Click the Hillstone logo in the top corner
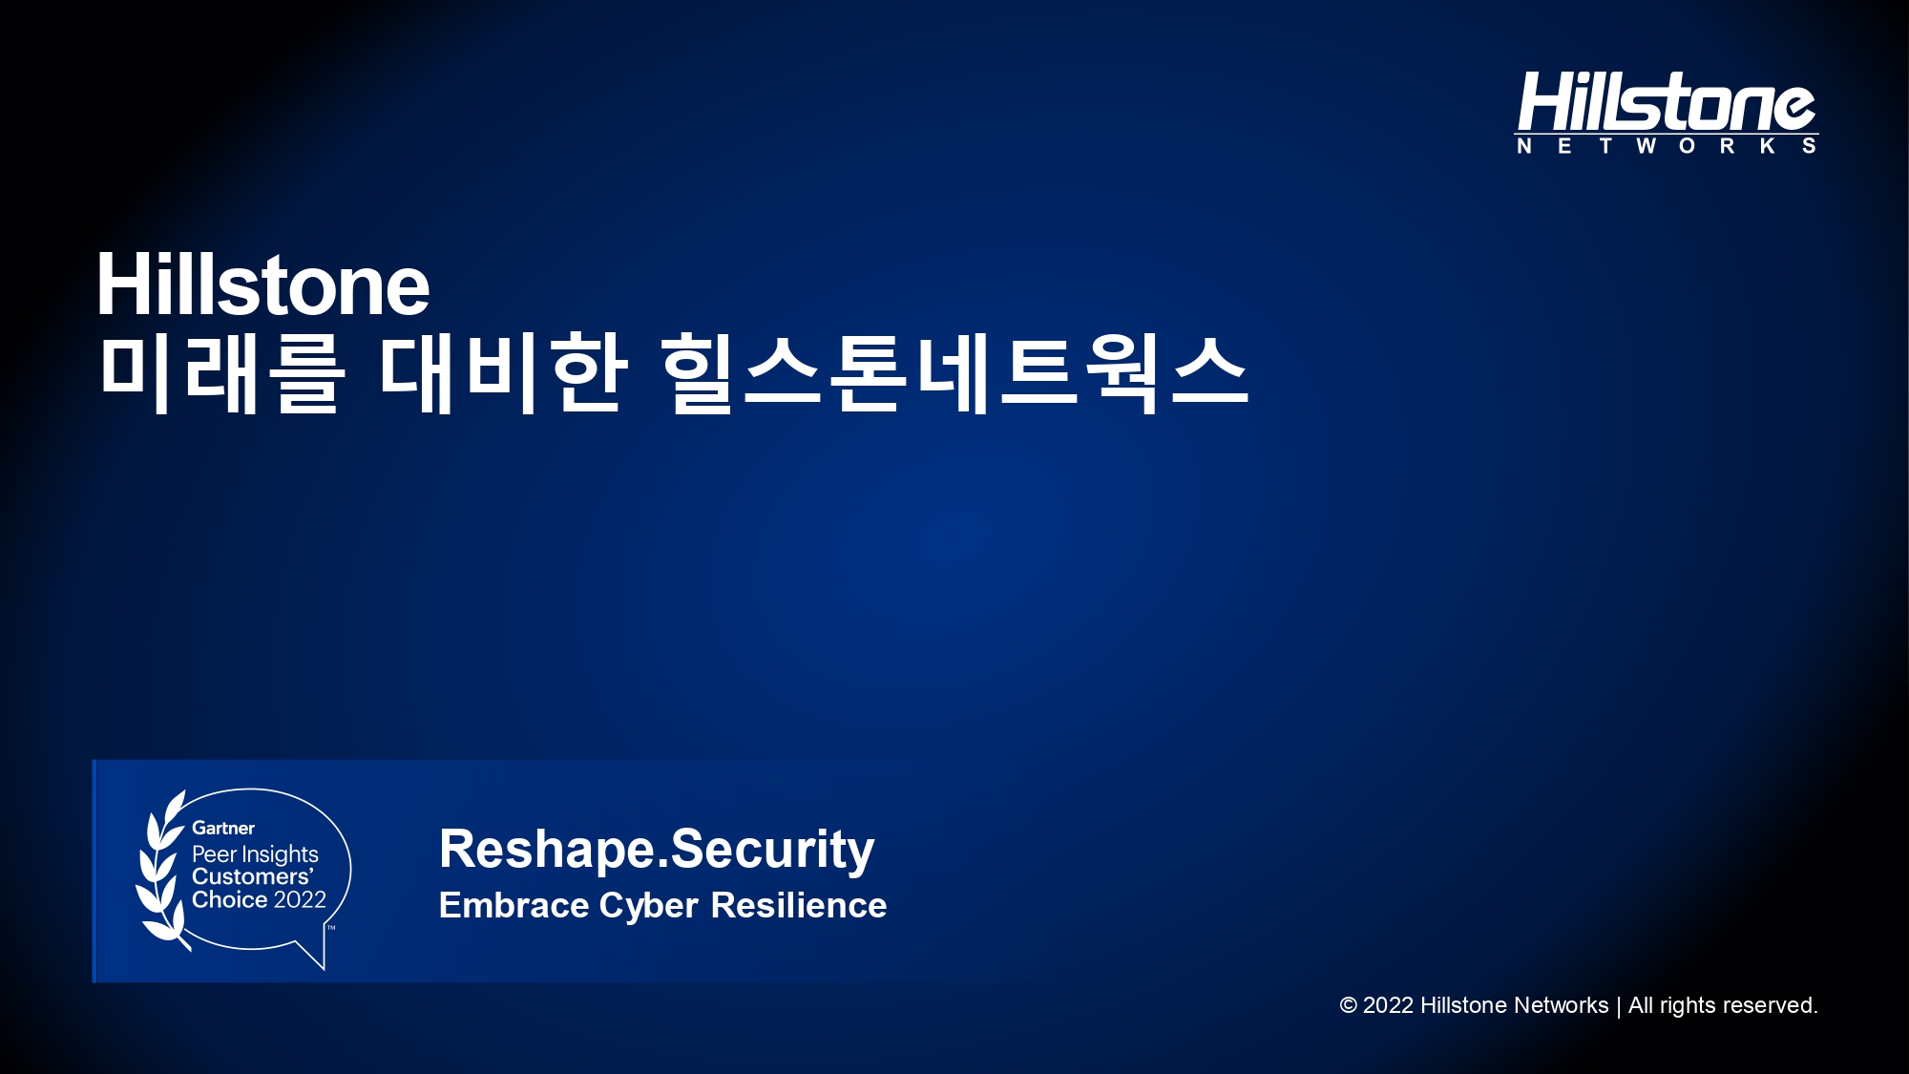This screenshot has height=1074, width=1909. [x=1667, y=112]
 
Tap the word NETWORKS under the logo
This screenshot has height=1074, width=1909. [x=1667, y=146]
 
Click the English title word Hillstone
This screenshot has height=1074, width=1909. [x=263, y=284]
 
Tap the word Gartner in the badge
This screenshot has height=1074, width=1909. [x=223, y=828]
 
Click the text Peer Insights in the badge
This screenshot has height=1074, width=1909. [x=255, y=853]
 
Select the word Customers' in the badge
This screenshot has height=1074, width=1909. [x=253, y=876]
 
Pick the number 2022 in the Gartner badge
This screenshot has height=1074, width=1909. [x=300, y=899]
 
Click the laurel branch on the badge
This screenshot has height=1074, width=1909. [x=162, y=869]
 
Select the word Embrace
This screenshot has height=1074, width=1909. [x=514, y=905]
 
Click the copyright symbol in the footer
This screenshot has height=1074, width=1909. [x=1348, y=1005]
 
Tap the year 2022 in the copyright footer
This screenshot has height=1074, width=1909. [x=1388, y=1005]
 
